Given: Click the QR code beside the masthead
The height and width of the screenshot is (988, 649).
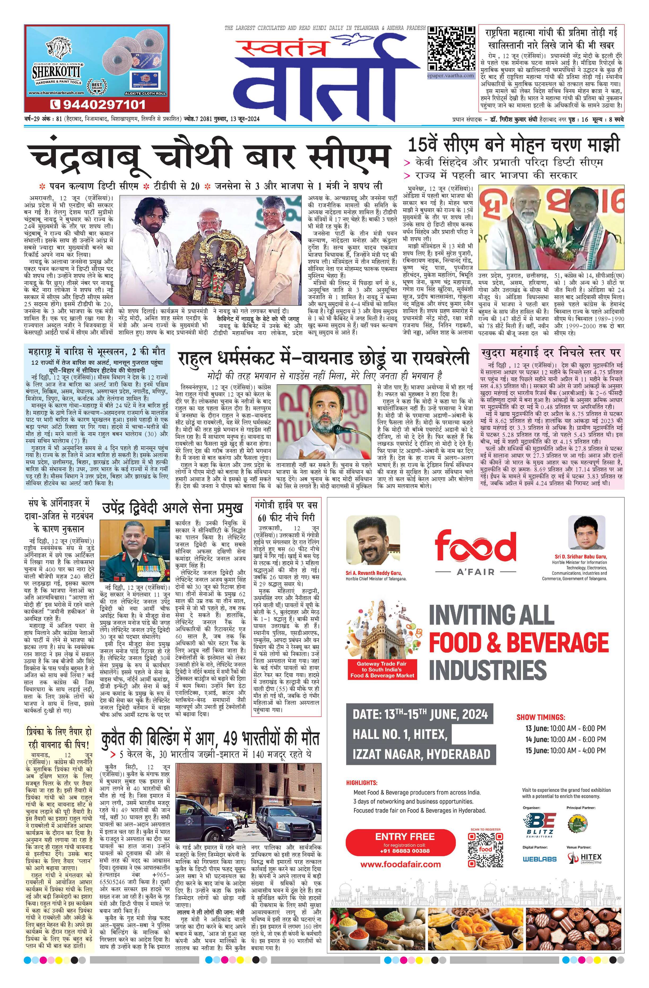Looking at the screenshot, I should [x=451, y=49].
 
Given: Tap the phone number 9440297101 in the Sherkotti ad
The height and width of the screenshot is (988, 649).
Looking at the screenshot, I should [x=98, y=103].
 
